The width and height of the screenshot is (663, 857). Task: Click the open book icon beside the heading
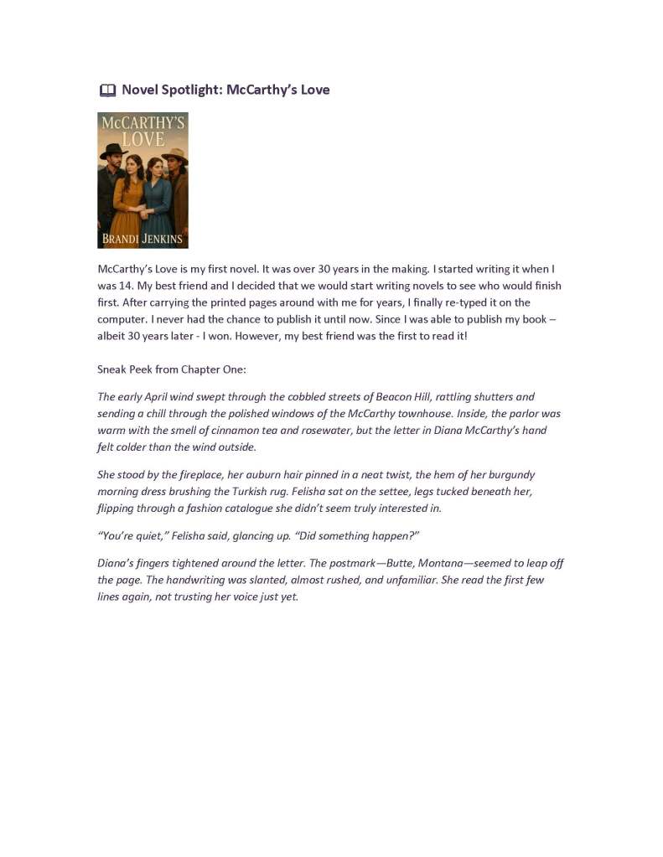(x=106, y=90)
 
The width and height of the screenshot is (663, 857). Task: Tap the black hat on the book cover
(x=114, y=151)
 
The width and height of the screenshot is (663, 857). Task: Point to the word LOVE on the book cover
(x=142, y=138)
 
